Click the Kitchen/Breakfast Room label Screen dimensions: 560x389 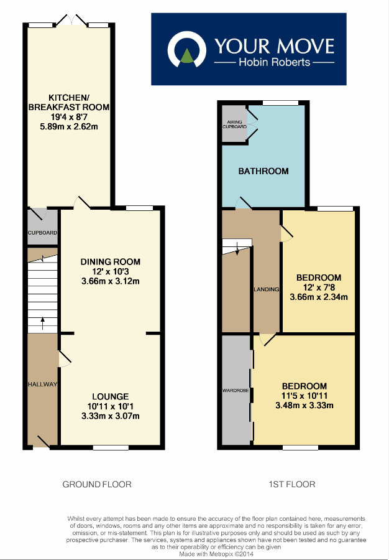tap(70, 101)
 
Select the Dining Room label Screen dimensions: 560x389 tap(111, 261)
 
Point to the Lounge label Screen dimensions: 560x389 tap(111, 396)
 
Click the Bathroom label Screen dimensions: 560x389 tap(263, 171)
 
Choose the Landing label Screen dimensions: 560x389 tap(266, 289)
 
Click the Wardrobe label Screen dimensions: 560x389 tap(235, 391)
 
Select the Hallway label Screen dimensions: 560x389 tap(42, 385)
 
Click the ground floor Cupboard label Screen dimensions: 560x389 tap(42, 233)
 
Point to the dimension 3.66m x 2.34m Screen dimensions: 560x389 tap(318, 297)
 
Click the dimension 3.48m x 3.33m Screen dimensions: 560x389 tap(304, 406)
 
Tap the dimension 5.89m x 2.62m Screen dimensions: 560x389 tap(70, 127)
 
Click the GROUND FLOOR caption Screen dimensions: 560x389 tap(97, 484)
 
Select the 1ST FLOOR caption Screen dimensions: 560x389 tap(291, 484)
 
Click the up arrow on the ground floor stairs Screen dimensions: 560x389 tap(42, 322)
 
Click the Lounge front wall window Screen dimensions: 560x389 tap(111, 447)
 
